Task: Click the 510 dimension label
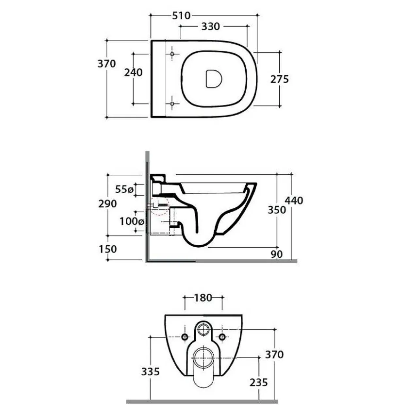(181, 16)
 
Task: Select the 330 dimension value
(211, 27)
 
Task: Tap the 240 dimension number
(133, 73)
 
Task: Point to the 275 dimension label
(280, 79)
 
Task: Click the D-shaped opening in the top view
(214, 78)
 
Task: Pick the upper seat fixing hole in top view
(172, 54)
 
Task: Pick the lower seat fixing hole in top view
(172, 104)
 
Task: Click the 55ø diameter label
(124, 189)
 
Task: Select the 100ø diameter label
(132, 221)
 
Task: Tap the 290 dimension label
(107, 204)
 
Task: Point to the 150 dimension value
(107, 249)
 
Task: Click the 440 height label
(294, 201)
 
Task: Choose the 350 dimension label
(277, 210)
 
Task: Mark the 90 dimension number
(277, 254)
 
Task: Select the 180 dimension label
(203, 298)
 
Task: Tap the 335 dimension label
(150, 372)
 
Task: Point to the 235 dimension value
(259, 382)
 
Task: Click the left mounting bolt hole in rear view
(185, 337)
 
